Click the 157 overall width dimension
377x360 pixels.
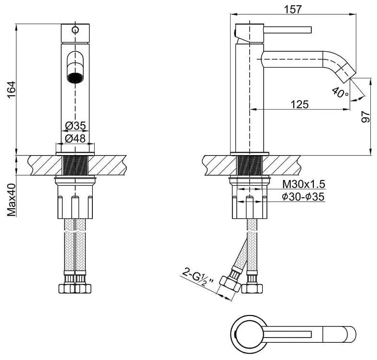pos(293,9)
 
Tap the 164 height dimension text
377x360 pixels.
pos(11,90)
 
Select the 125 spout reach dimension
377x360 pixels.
pos(299,104)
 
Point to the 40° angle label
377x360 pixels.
pos(340,93)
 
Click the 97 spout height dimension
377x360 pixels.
pos(366,117)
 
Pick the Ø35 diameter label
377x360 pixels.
pos(76,125)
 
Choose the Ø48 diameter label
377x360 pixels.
pos(75,138)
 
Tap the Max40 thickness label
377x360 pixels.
pos(11,200)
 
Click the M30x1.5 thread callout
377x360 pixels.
pos(304,184)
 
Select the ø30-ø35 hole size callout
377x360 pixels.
pos(303,197)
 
